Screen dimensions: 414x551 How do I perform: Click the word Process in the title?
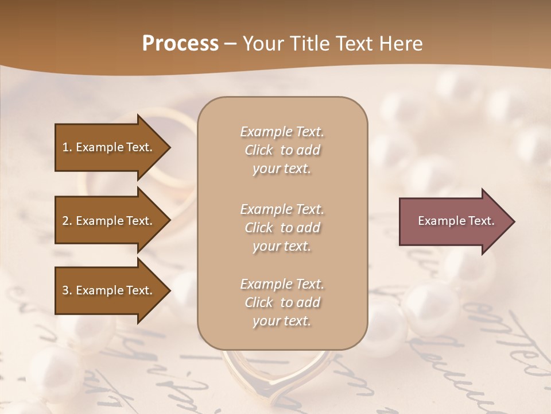[x=180, y=44]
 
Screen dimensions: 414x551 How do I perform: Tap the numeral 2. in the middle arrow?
[x=67, y=221]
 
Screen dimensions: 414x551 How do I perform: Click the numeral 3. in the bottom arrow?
[x=67, y=290]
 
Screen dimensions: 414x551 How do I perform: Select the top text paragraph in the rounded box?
[x=282, y=150]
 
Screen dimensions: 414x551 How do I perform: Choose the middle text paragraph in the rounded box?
[x=282, y=228]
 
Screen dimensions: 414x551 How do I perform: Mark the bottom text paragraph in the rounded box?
[x=282, y=302]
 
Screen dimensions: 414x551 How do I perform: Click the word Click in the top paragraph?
[x=258, y=150]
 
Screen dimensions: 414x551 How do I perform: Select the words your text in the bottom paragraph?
[x=282, y=321]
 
